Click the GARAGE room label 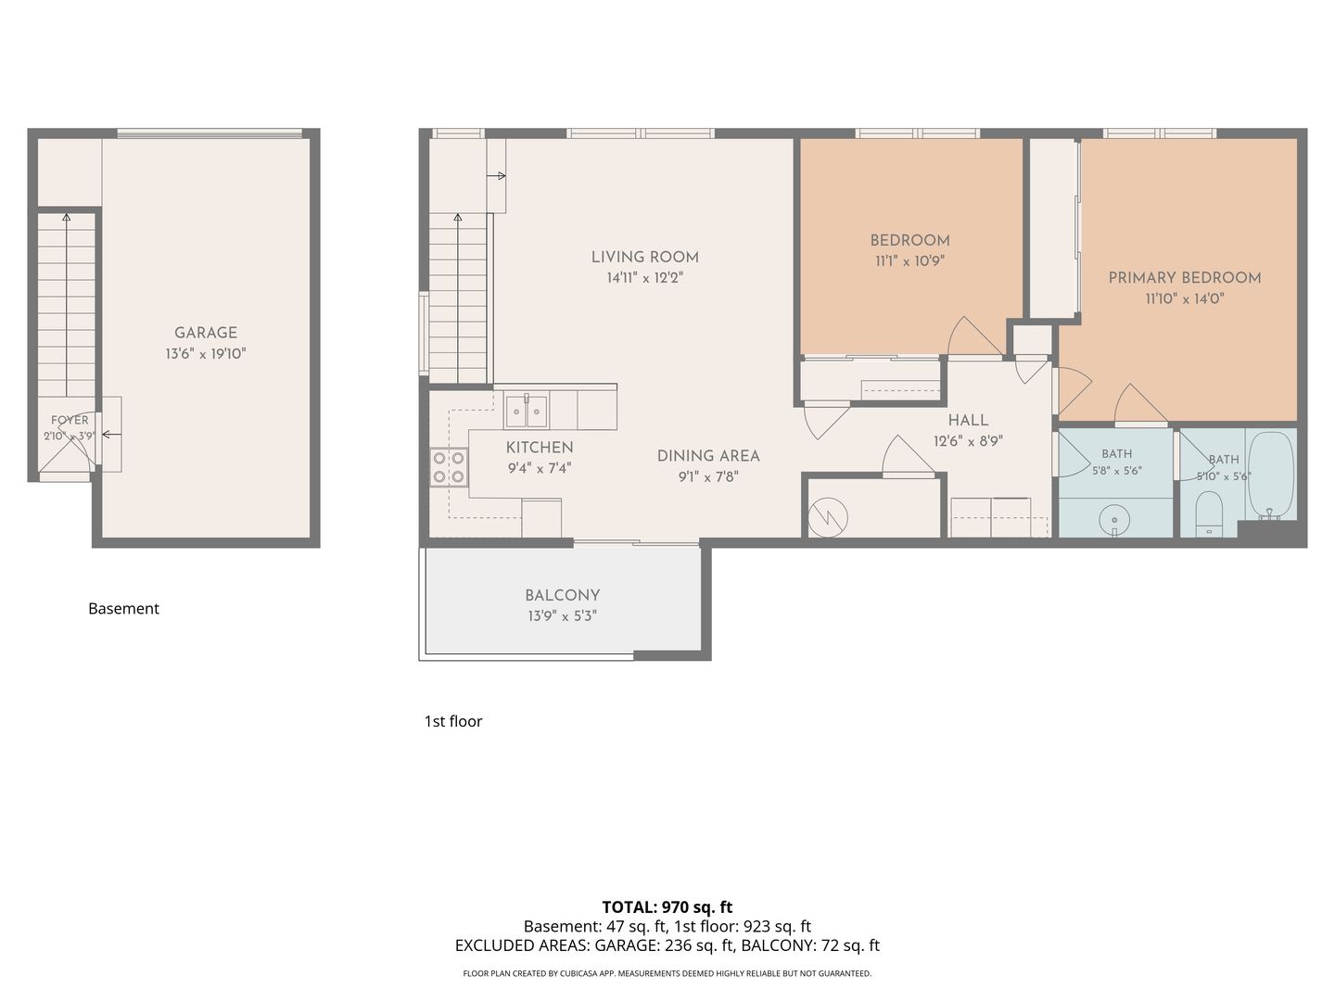(x=206, y=333)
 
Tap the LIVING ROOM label (x=644, y=257)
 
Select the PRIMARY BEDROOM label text (x=1184, y=278)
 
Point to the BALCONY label (x=562, y=595)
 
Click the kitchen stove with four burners (x=450, y=467)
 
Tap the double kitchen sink (x=526, y=411)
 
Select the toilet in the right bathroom (x=1209, y=514)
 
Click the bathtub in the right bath (x=1271, y=475)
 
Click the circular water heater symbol (x=828, y=517)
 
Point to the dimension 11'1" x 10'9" (x=909, y=261)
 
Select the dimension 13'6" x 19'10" (x=206, y=354)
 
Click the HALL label (x=968, y=420)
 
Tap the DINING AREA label (x=708, y=456)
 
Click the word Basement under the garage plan (x=123, y=608)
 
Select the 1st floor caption (x=453, y=721)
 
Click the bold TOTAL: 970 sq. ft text (x=667, y=907)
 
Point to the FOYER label (x=70, y=420)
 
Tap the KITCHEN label (x=540, y=448)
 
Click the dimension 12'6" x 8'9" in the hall (x=968, y=441)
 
